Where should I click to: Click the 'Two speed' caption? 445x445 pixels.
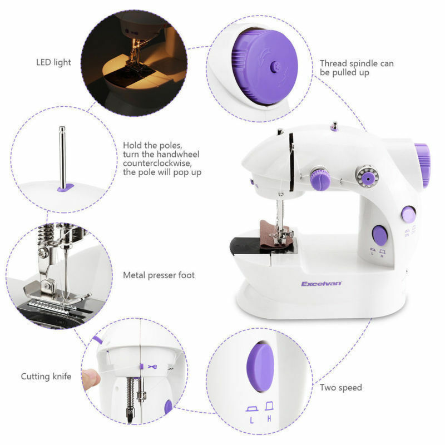pos(341,387)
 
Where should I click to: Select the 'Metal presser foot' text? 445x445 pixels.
pos(159,275)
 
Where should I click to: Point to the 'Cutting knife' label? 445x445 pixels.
pos(46,377)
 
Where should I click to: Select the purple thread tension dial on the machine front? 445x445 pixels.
pos(320,180)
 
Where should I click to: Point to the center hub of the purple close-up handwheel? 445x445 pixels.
pos(274,66)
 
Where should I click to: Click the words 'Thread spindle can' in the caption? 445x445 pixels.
pos(356,63)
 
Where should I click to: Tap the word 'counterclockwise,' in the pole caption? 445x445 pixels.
pos(156,163)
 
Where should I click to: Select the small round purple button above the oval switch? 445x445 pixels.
pos(407,212)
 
